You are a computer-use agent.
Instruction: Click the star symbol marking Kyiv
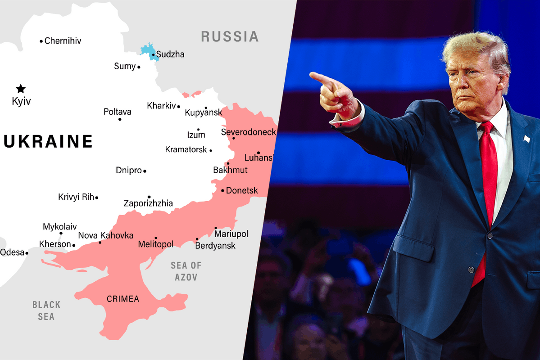click(x=21, y=89)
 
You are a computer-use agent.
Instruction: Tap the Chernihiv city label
click(x=63, y=41)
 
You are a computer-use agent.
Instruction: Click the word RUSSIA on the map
click(x=230, y=36)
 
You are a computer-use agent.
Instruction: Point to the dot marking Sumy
click(x=139, y=67)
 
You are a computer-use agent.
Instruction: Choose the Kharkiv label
click(x=161, y=106)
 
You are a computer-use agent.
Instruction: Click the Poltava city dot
click(x=120, y=119)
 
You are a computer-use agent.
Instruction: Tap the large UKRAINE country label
click(x=48, y=141)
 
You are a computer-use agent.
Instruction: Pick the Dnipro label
click(x=129, y=171)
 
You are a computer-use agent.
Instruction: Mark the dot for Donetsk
click(x=222, y=191)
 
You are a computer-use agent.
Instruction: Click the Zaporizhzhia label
click(x=148, y=204)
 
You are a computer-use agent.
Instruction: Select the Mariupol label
click(x=231, y=234)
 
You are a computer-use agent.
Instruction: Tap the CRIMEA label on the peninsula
click(x=123, y=299)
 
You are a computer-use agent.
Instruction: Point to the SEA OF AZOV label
click(x=186, y=271)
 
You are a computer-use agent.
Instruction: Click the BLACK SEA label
click(x=46, y=310)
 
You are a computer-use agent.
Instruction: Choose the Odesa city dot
click(x=27, y=253)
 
